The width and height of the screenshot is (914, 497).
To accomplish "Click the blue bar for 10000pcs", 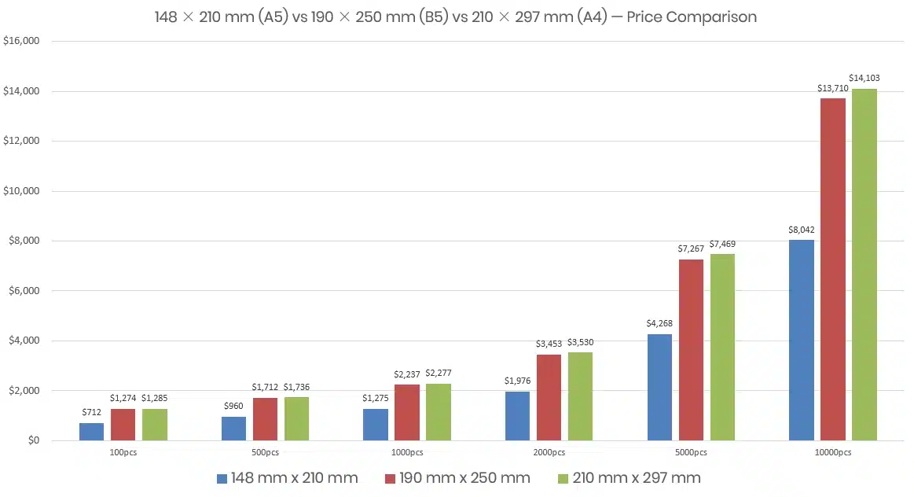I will (802, 340).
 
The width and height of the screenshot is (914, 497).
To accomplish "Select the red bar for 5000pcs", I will (691, 349).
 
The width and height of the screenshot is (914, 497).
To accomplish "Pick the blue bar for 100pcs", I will (92, 431).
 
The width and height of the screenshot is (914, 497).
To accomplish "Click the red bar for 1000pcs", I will (407, 412).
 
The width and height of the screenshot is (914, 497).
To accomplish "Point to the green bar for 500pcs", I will (296, 418).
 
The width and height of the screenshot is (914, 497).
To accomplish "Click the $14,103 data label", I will (864, 78).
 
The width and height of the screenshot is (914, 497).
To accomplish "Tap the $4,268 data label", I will (659, 323).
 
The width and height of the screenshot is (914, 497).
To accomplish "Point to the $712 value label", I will (92, 411).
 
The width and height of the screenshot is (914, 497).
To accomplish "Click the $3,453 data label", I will (549, 344).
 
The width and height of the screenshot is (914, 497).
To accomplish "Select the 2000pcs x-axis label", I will (549, 452).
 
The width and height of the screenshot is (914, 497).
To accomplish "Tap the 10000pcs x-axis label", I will (833, 452).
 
